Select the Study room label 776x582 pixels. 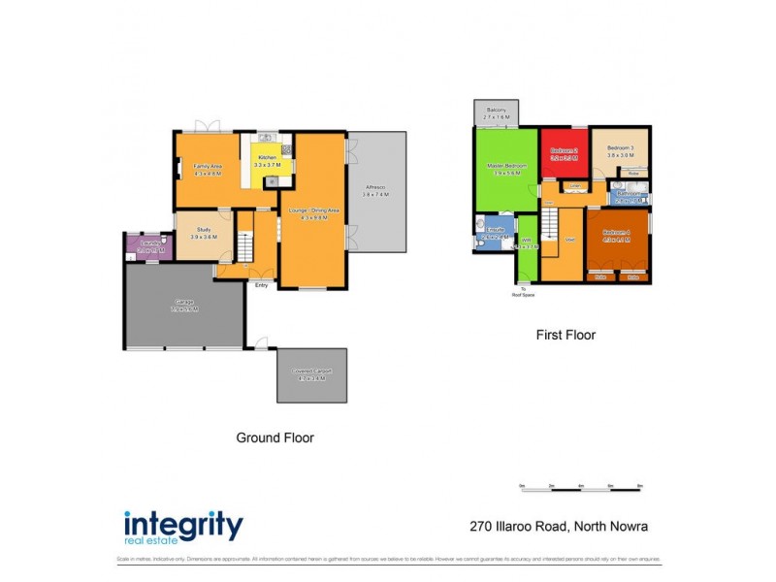click(204, 233)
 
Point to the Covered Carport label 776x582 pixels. click(311, 373)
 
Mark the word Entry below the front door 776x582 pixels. click(261, 284)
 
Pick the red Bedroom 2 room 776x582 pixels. click(565, 154)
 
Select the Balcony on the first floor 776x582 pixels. click(497, 113)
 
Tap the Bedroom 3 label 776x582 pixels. click(620, 149)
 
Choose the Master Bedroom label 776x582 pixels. click(506, 169)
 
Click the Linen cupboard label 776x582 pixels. click(574, 185)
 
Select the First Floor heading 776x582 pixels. click(566, 335)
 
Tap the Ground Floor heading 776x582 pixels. click(275, 437)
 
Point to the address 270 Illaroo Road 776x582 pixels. click(552, 527)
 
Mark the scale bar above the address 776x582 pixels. click(581, 490)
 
